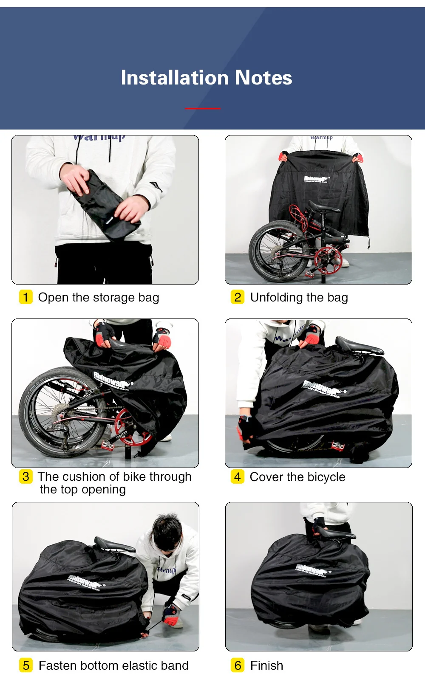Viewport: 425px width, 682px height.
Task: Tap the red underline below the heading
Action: click(203, 108)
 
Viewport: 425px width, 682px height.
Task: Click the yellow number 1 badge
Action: click(25, 297)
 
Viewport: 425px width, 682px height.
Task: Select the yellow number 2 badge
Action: click(237, 297)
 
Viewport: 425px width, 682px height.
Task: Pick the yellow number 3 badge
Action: click(26, 476)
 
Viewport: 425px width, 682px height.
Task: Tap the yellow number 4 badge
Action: click(237, 476)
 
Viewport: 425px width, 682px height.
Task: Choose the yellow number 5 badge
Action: click(26, 665)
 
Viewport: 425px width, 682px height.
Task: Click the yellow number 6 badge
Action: click(238, 665)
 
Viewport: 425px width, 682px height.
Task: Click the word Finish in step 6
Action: click(266, 665)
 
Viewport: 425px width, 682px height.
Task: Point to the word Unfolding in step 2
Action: click(276, 297)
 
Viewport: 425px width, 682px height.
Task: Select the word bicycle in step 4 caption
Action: click(326, 477)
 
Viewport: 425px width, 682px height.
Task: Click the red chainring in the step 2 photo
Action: click(327, 259)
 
